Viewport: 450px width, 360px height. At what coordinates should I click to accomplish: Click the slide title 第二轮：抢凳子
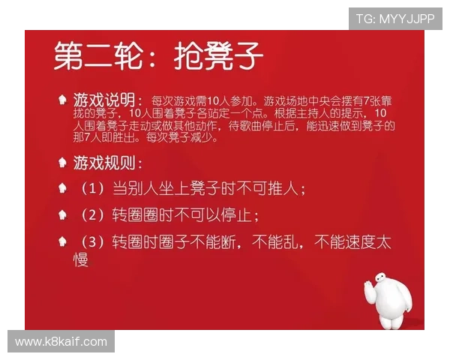(158, 55)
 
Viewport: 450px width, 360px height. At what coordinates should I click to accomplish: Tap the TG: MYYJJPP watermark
(395, 18)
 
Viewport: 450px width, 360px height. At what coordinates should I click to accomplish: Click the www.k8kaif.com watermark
(61, 342)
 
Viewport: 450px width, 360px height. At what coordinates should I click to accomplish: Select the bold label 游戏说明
(103, 99)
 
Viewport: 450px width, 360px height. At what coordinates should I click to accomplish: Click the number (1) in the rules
(93, 189)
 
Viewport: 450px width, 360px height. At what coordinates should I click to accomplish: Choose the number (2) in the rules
(93, 215)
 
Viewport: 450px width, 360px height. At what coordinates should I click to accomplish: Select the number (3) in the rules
(93, 242)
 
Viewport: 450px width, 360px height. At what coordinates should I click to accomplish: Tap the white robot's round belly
(394, 309)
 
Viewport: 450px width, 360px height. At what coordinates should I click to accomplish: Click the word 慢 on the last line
(81, 259)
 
